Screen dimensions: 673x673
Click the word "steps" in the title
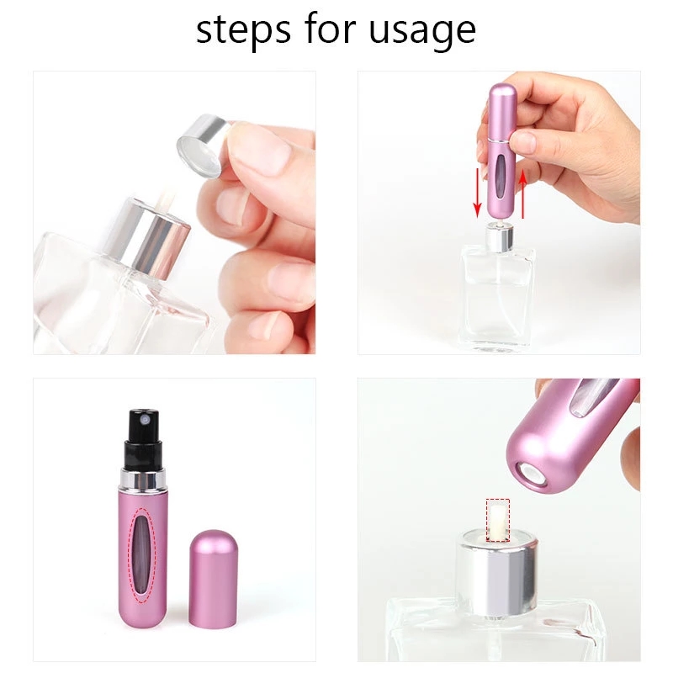coord(243,30)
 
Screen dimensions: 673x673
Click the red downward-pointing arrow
coord(477,193)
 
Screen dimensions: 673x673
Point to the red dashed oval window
coord(145,554)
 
